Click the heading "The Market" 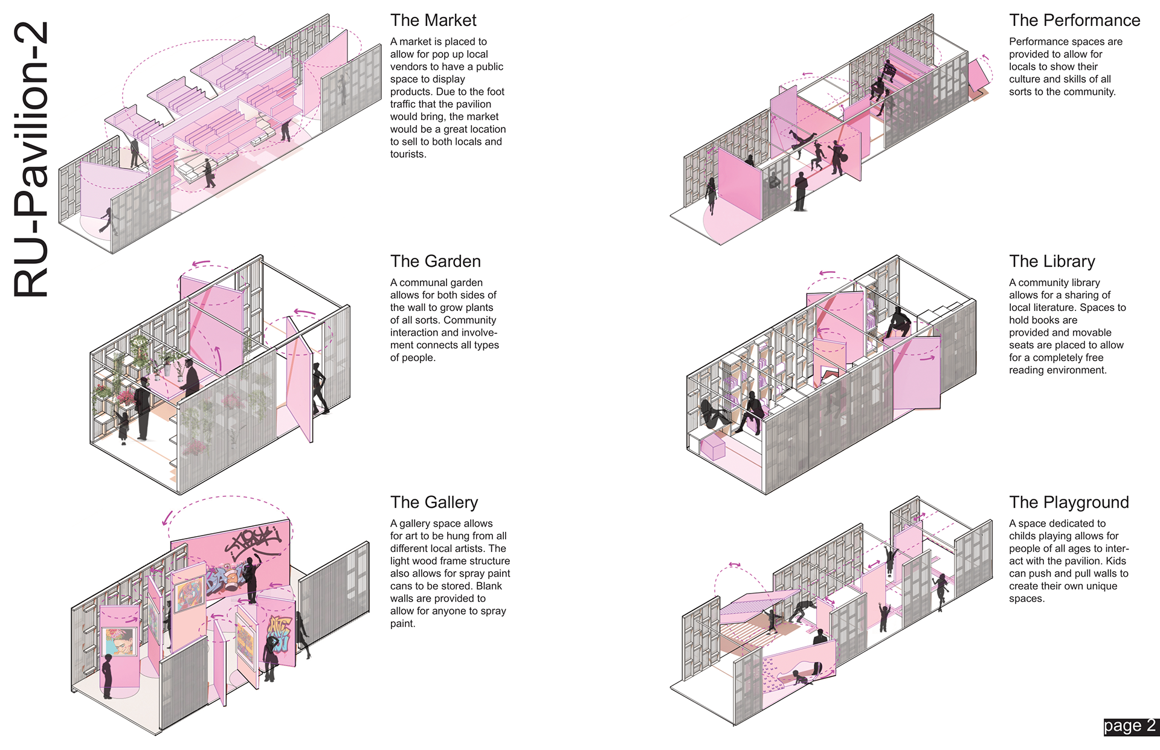tap(433, 21)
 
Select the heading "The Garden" tap(435, 261)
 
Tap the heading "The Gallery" tap(434, 502)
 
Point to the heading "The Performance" tap(1074, 21)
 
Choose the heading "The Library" tap(1052, 261)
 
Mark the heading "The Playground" tap(1069, 502)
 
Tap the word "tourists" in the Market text tap(407, 155)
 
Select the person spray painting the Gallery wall tap(251, 580)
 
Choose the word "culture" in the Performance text tap(1025, 79)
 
